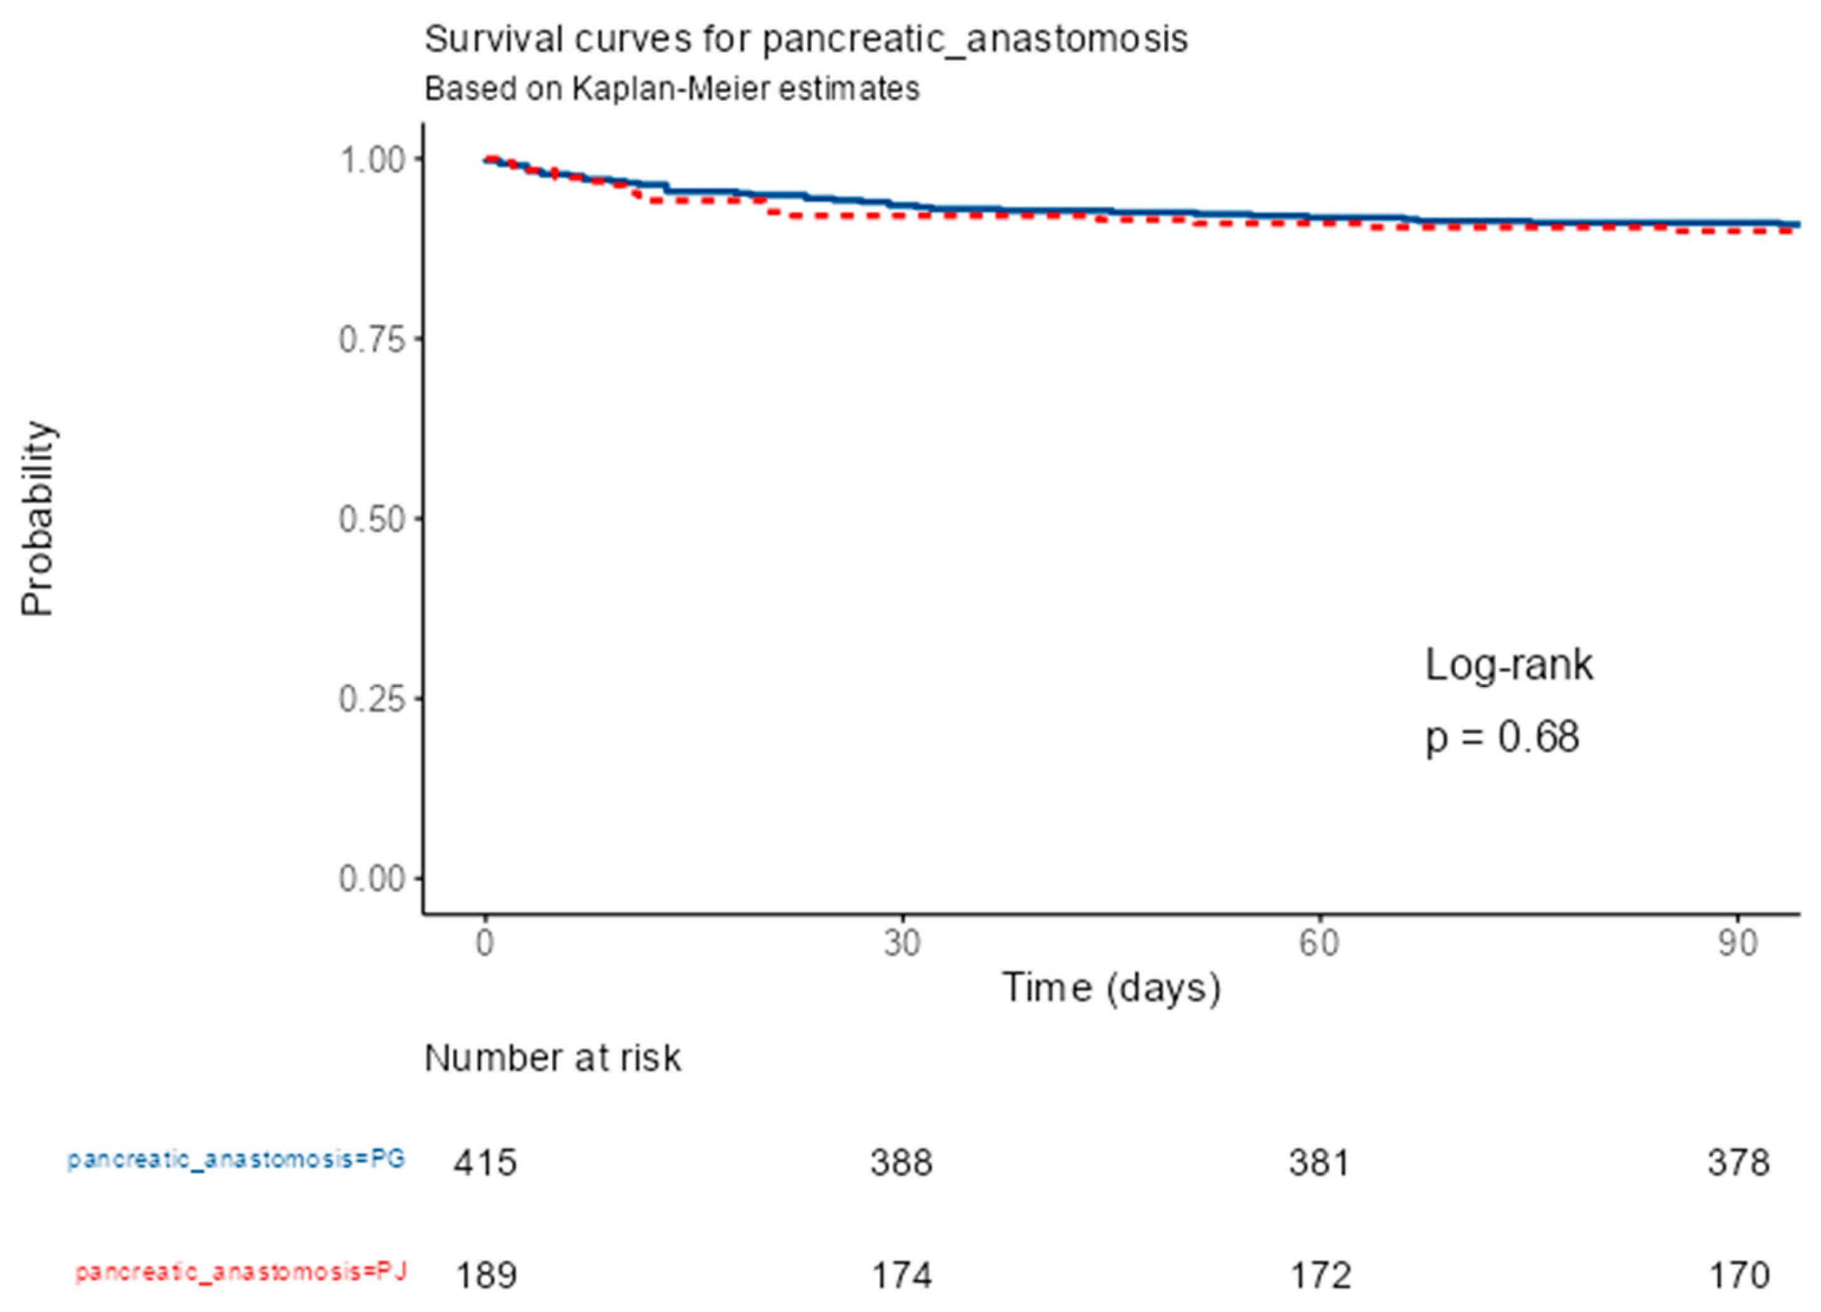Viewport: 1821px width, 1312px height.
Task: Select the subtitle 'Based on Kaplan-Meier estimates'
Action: [671, 89]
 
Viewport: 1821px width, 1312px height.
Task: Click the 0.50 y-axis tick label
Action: [371, 519]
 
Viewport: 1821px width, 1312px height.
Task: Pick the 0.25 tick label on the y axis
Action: [371, 699]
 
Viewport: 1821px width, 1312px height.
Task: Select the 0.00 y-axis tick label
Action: [371, 879]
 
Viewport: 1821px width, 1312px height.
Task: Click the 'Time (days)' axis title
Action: [1111, 988]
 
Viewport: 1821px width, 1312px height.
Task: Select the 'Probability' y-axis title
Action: [37, 519]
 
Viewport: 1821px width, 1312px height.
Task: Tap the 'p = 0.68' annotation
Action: [1502, 737]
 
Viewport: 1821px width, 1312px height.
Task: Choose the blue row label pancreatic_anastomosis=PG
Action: [236, 1160]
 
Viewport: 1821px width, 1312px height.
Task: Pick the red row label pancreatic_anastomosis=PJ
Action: [241, 1272]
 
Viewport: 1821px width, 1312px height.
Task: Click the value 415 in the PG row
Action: [485, 1163]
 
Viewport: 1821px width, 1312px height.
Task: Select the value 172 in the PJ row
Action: [1319, 1275]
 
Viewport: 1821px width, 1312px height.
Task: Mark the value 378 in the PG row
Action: [1738, 1163]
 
